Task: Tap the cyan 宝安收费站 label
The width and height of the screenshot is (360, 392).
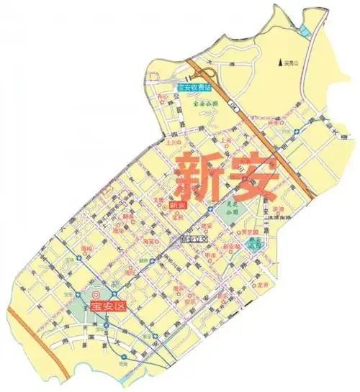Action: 194,88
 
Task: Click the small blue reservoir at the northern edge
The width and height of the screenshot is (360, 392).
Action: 305,29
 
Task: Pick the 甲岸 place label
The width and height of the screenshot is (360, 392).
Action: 211,255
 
